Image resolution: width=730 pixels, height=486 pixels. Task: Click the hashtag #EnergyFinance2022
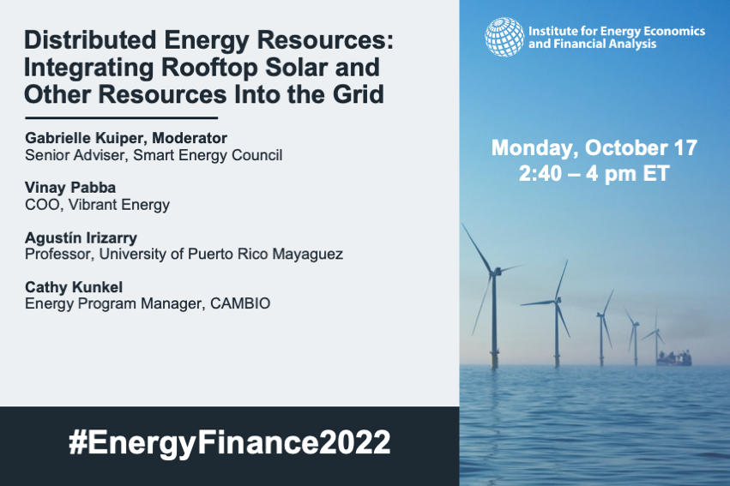click(x=230, y=442)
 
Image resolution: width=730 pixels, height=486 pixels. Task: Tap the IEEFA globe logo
click(x=504, y=37)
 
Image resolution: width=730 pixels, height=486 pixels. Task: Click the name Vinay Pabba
click(x=70, y=188)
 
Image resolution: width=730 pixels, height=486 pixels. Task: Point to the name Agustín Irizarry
click(x=81, y=237)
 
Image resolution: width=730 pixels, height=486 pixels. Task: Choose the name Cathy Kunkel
click(x=74, y=287)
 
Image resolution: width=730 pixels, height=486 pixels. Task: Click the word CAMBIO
click(x=240, y=303)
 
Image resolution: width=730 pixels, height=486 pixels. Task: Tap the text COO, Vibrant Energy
click(x=97, y=205)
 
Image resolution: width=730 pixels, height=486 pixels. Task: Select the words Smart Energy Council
click(x=208, y=155)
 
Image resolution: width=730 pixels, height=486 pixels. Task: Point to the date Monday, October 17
click(x=594, y=148)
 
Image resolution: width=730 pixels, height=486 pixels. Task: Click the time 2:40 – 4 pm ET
click(x=594, y=173)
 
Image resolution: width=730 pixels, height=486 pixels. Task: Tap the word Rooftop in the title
click(x=209, y=68)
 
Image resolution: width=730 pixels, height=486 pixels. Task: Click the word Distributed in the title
click(x=90, y=40)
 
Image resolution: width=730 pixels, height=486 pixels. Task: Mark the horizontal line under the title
click(x=122, y=118)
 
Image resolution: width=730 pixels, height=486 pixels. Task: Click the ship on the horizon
click(x=673, y=358)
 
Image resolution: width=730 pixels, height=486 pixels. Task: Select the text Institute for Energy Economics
click(x=617, y=31)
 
